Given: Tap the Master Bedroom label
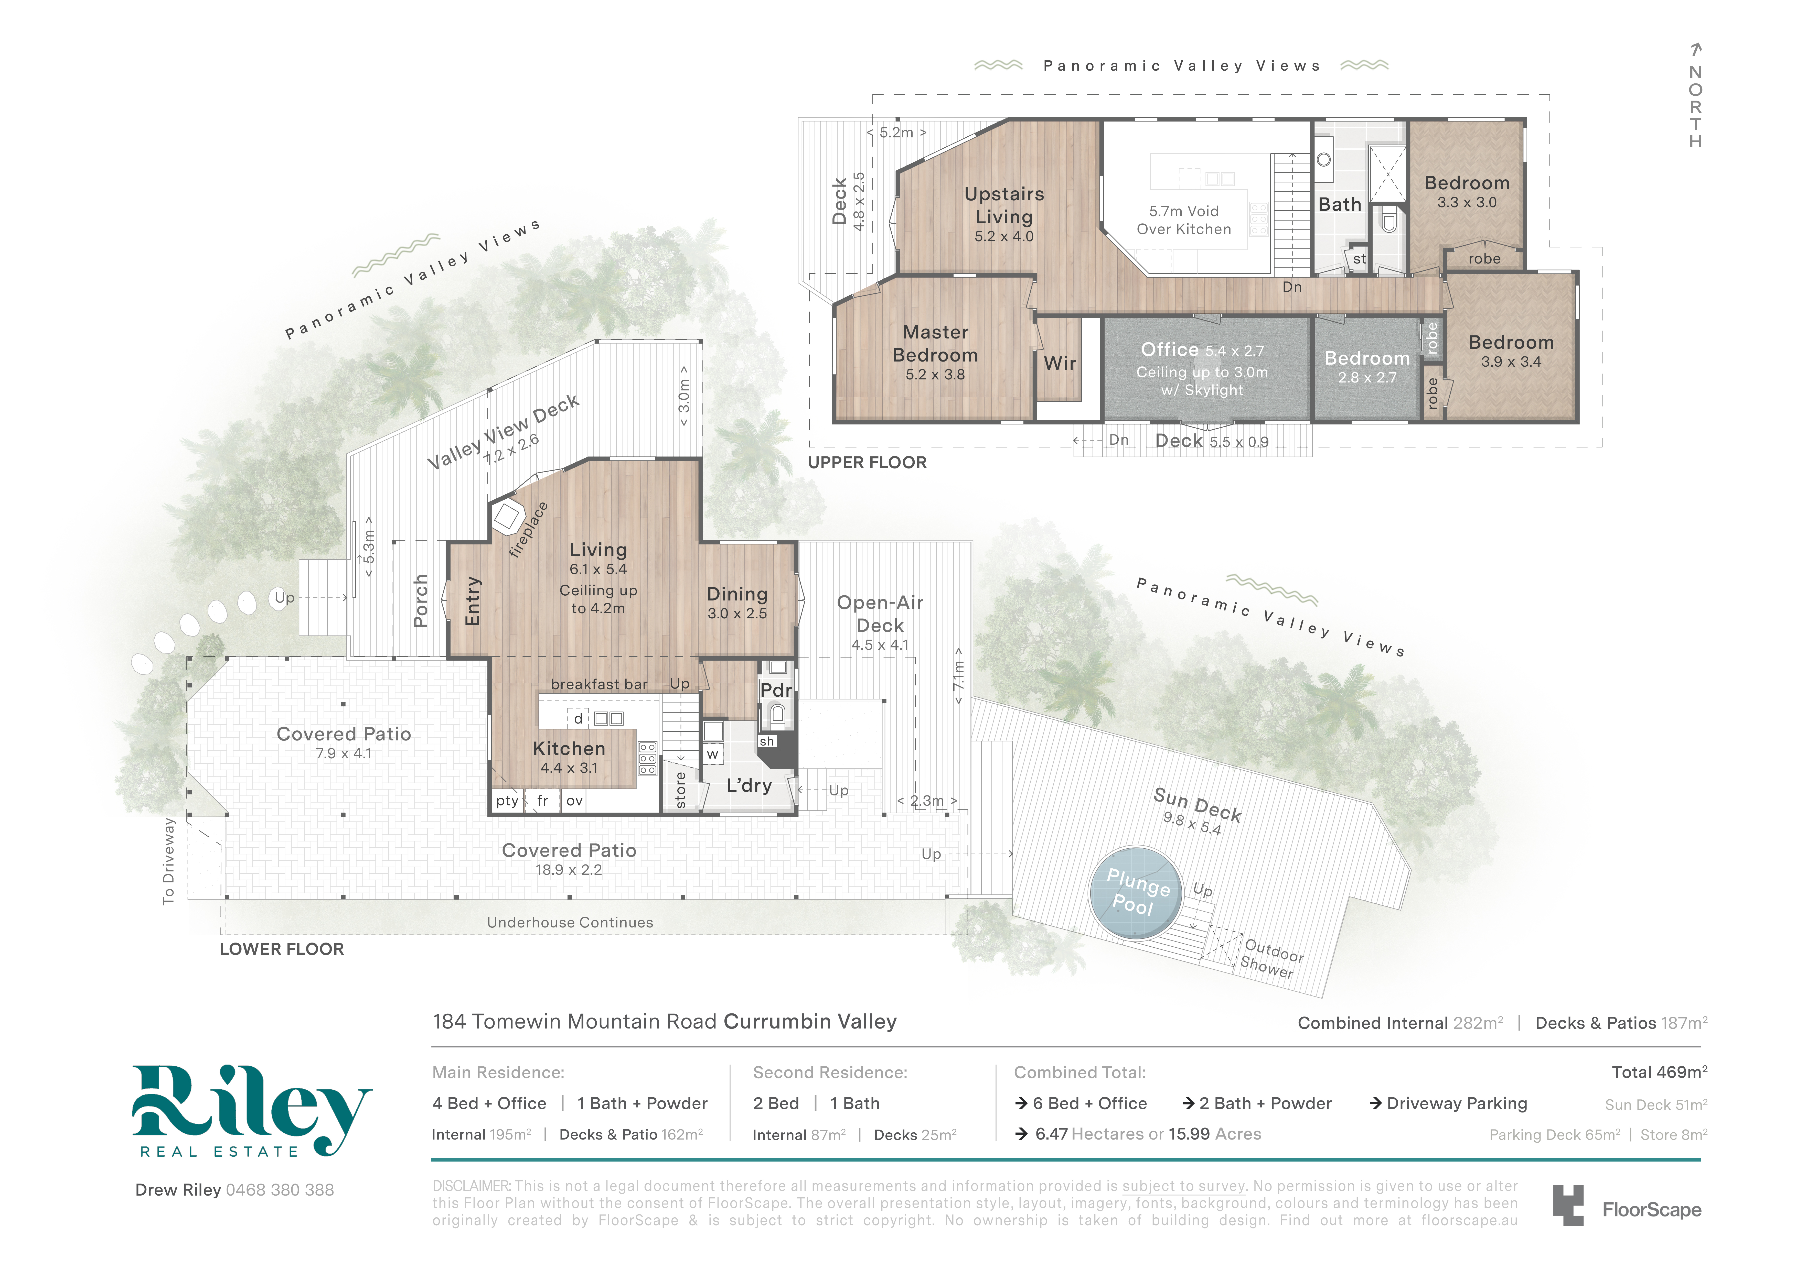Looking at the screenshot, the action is click(x=936, y=343).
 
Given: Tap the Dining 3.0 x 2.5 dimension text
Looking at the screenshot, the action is click(x=737, y=614).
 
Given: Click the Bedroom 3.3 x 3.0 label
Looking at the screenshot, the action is click(x=1467, y=192).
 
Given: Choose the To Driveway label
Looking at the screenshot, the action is click(x=168, y=862).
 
